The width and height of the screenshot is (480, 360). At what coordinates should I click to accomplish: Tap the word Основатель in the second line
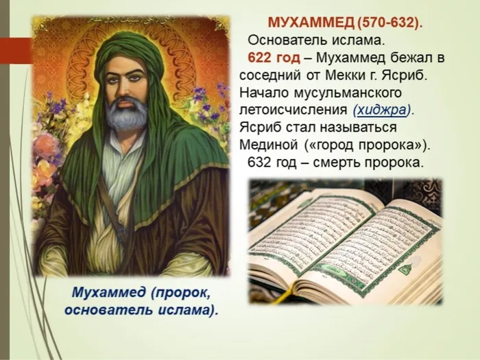pyautogui.click(x=283, y=40)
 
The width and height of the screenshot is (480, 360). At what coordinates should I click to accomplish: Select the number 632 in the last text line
pyautogui.click(x=259, y=163)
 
